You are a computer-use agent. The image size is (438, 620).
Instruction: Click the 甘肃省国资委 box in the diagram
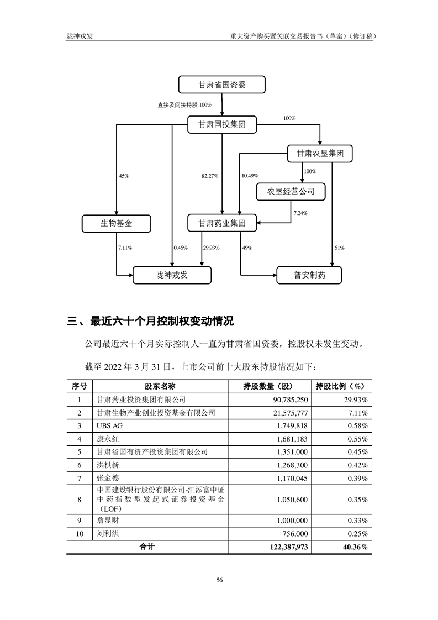222,85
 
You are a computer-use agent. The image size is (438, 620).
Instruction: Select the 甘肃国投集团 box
221,125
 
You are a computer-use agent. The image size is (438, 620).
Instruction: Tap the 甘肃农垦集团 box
320,154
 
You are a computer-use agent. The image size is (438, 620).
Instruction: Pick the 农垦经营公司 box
291,192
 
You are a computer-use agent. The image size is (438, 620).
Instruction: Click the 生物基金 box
117,224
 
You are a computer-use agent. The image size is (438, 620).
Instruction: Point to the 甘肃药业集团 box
221,224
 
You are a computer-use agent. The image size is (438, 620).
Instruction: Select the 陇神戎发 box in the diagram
172,275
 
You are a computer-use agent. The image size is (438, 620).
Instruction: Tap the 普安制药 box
309,275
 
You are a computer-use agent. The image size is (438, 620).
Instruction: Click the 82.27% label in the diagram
210,176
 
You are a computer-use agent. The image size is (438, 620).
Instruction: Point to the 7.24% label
300,213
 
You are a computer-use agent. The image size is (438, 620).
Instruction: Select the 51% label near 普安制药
339,248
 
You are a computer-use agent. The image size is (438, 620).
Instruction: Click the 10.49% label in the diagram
250,176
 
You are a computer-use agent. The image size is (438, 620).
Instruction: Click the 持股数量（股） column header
268,386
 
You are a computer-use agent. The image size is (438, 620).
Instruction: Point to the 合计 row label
147,547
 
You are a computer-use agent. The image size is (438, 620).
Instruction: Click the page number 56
219,580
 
